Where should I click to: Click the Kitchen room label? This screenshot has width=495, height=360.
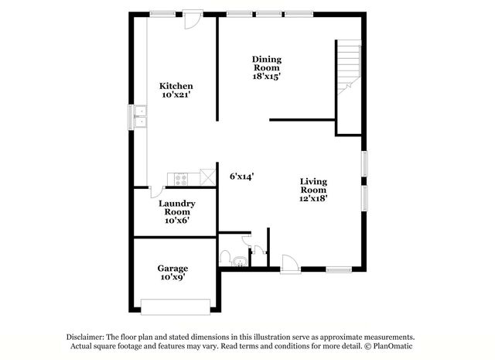click(x=176, y=85)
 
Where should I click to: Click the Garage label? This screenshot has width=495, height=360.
click(x=172, y=268)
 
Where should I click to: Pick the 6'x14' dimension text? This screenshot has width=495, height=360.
click(x=242, y=176)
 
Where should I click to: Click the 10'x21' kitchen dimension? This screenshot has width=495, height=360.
click(x=176, y=94)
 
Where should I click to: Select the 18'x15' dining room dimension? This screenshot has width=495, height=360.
click(x=266, y=76)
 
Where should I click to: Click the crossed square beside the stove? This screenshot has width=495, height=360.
click(x=206, y=176)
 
